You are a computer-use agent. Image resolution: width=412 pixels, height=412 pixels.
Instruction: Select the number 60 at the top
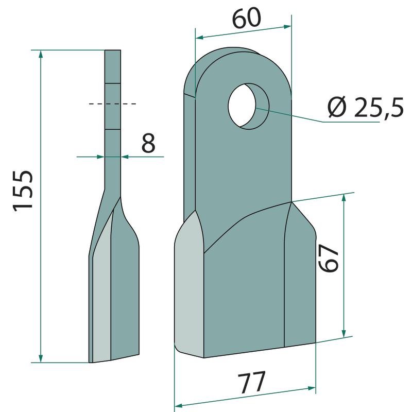247,18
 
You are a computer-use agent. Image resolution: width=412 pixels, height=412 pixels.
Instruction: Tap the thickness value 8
148,143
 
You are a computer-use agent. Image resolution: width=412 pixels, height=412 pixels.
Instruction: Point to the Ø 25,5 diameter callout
365,108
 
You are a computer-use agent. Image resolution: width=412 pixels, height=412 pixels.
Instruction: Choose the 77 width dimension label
251,382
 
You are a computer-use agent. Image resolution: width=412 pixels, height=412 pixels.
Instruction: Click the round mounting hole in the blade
249,106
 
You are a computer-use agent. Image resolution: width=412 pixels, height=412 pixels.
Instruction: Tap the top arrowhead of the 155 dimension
41,55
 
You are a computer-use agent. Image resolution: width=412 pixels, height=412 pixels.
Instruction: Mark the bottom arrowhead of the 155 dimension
41,358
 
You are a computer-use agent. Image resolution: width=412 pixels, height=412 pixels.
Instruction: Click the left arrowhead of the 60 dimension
200,38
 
